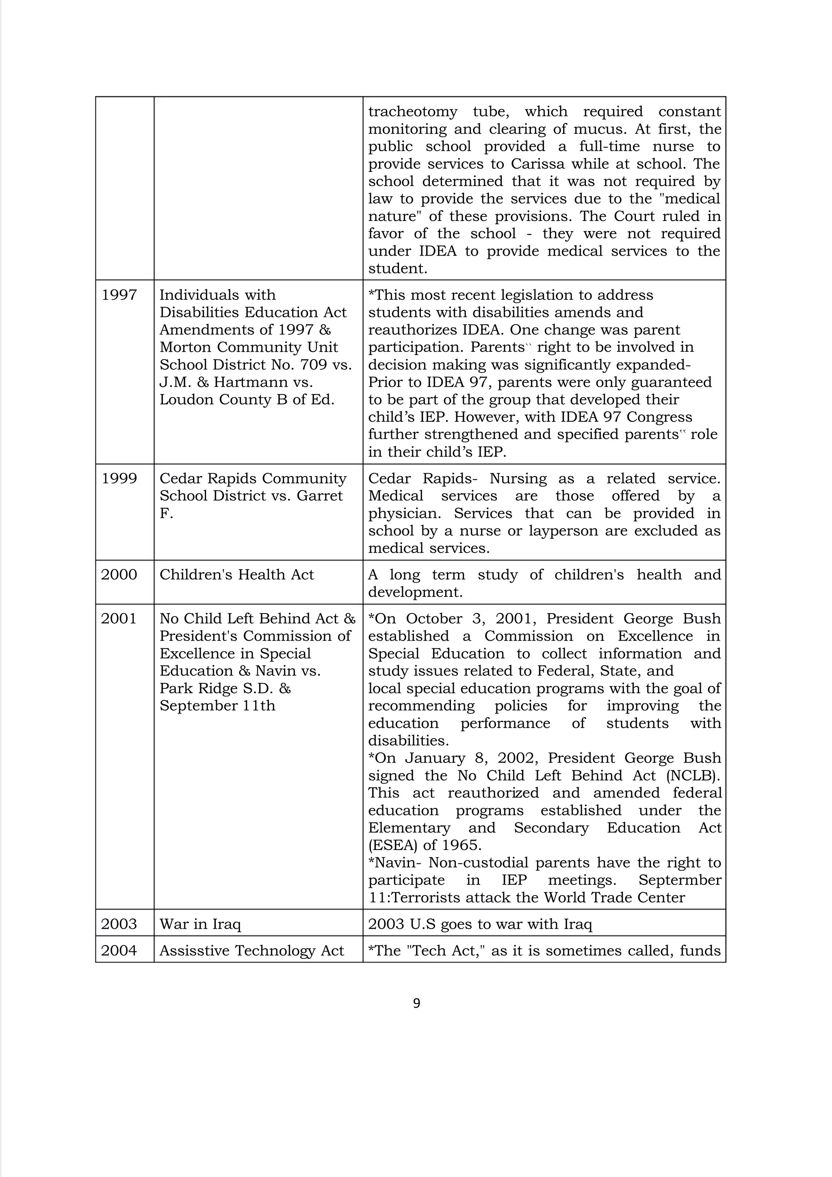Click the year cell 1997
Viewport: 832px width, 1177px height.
[x=119, y=295]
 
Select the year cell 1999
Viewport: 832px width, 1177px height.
[x=119, y=478]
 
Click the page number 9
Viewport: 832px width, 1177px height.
[x=416, y=1003]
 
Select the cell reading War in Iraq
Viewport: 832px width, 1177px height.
[x=200, y=924]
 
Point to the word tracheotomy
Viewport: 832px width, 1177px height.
[x=413, y=112]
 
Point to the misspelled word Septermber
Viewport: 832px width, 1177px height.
[x=679, y=880]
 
